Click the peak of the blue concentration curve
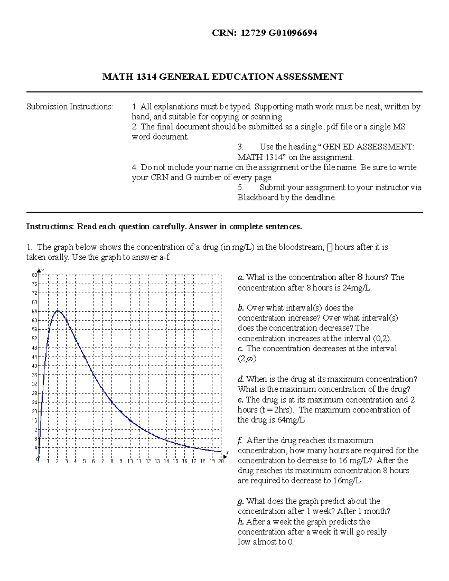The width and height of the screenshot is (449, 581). tap(57, 311)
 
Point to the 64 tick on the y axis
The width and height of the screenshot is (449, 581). tap(34, 311)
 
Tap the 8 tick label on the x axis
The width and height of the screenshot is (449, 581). tap(112, 461)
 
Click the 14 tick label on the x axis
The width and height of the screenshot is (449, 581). tap(166, 461)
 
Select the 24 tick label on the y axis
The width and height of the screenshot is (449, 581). tap(34, 403)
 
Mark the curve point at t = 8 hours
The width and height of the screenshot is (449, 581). tap(112, 403)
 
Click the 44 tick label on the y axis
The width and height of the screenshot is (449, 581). tap(34, 357)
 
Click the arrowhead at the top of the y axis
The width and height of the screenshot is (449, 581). tap(39, 270)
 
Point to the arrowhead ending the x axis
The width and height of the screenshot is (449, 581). tap(225, 456)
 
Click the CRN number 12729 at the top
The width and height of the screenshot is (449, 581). tap(253, 33)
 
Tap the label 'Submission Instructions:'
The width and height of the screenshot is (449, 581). tap(70, 107)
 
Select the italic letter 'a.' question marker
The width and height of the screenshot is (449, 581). tap(241, 277)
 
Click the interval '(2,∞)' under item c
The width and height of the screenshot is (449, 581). tap(247, 359)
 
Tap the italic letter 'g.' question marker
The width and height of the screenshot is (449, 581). tap(241, 501)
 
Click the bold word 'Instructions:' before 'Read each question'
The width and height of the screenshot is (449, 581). tap(50, 227)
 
